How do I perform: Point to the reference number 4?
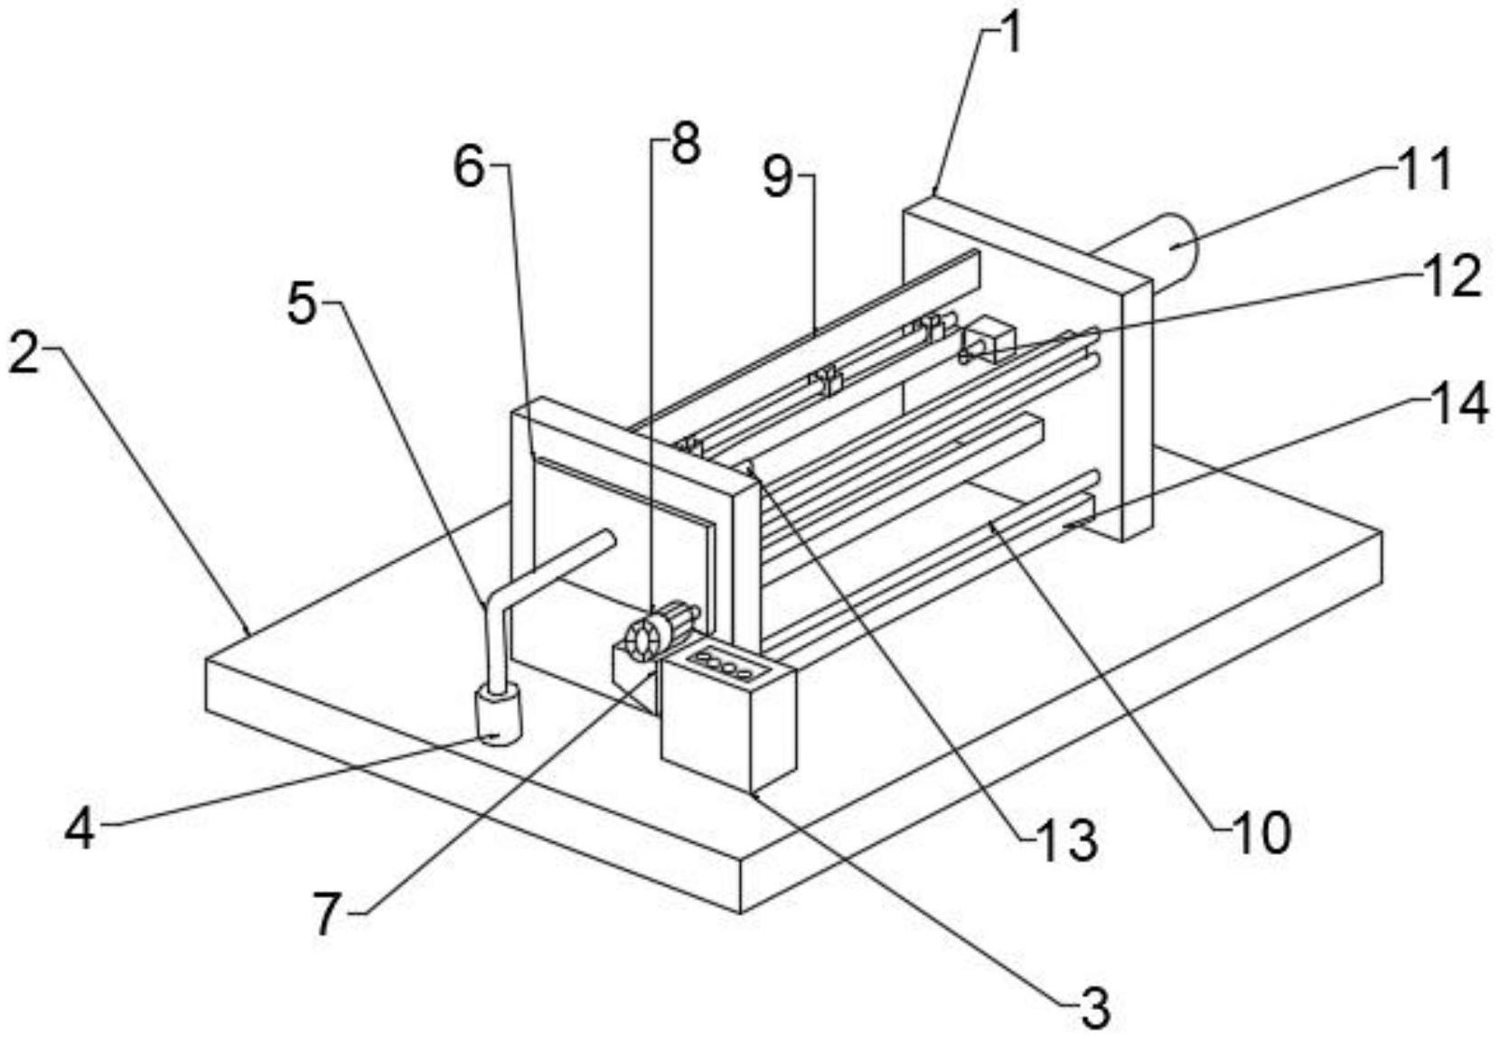pos(80,832)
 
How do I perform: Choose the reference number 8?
pos(685,143)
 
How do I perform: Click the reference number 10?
pos(1261,834)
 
